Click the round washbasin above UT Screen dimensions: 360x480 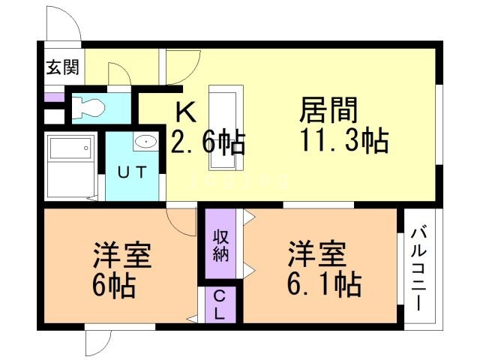point(146,141)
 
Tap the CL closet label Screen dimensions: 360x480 point(218,304)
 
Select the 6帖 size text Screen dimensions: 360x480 point(115,286)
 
